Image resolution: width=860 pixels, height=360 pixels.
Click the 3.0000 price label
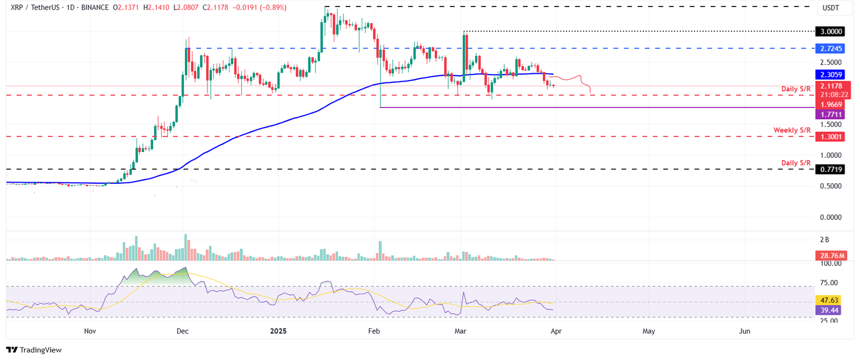[829, 32]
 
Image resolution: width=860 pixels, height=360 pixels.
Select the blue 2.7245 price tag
[829, 49]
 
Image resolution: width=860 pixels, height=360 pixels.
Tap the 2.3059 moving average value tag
[829, 75]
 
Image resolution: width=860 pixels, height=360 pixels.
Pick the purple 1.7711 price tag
[829, 114]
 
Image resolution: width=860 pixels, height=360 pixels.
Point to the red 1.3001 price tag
[829, 137]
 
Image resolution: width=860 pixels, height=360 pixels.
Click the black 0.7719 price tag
[829, 169]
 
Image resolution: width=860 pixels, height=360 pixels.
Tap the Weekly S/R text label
[792, 131]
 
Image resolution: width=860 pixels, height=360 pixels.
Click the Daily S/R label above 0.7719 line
[795, 163]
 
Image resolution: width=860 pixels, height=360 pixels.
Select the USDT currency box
[831, 8]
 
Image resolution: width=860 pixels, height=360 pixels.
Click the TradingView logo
[34, 350]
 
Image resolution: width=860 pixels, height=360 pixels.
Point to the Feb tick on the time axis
[374, 331]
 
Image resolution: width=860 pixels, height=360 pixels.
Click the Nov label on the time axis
[90, 331]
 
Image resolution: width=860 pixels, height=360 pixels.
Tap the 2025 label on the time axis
[278, 331]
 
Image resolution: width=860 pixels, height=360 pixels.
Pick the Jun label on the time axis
[744, 331]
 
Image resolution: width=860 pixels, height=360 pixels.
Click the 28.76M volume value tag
[831, 256]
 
